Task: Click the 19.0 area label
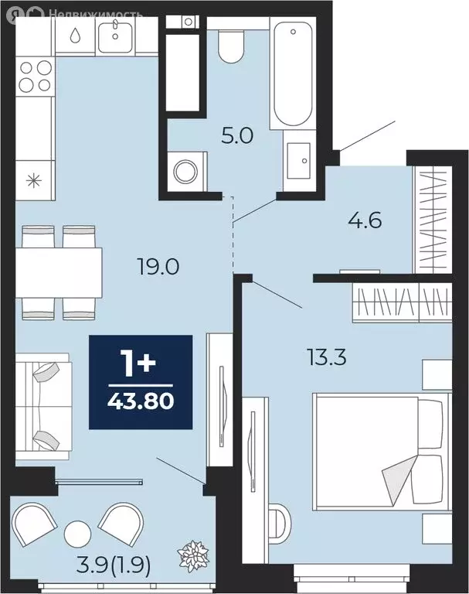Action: tap(158, 268)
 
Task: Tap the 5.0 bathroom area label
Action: tap(237, 135)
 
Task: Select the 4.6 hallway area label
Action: tap(365, 220)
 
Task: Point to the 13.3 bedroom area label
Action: tap(327, 357)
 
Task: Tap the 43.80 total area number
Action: tap(141, 401)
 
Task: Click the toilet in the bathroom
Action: tap(230, 46)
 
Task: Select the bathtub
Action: tap(293, 73)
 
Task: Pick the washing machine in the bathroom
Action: tap(186, 172)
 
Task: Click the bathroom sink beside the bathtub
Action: tap(299, 161)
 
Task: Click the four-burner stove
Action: tap(36, 77)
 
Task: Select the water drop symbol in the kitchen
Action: tap(75, 35)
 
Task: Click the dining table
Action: tap(59, 272)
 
